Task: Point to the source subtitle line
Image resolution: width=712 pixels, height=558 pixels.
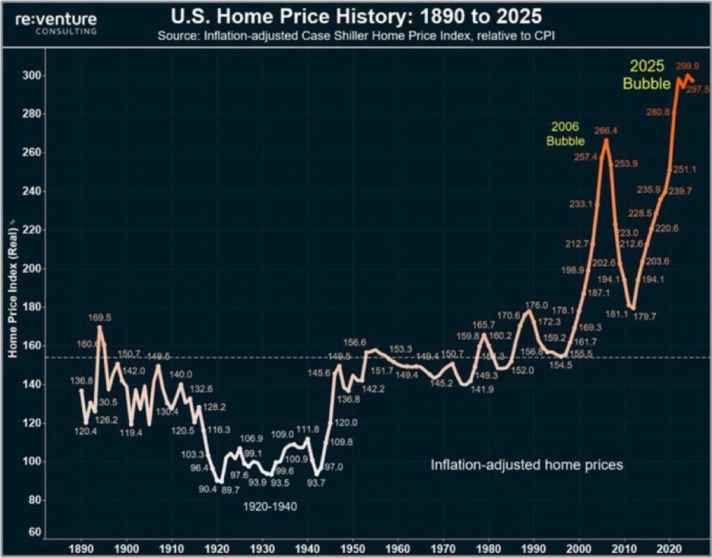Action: (x=356, y=36)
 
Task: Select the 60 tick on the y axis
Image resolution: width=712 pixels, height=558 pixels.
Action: (x=33, y=532)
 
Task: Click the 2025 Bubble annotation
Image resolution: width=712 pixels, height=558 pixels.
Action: (x=646, y=75)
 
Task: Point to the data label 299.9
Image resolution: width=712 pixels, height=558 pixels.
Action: (x=688, y=65)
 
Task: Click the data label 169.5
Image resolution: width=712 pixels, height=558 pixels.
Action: (x=99, y=318)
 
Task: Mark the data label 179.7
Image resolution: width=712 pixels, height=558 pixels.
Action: (x=650, y=316)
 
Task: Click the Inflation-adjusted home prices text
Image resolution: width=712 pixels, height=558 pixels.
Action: (x=527, y=465)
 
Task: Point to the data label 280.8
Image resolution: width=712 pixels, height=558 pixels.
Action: (x=657, y=112)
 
